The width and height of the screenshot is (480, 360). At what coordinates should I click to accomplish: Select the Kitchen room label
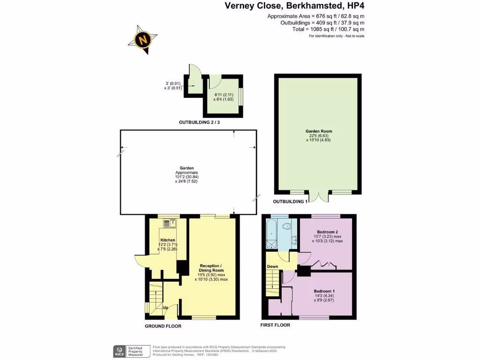167,240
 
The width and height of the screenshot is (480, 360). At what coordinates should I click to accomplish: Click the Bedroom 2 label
328,232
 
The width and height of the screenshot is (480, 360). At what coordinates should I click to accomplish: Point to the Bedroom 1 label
324,291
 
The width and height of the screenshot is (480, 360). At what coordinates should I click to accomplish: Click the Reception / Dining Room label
211,268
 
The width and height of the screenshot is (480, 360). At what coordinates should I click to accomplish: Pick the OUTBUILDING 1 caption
290,201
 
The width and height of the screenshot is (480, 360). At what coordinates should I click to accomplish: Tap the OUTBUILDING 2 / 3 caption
199,122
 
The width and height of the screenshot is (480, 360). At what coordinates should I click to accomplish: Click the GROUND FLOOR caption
163,326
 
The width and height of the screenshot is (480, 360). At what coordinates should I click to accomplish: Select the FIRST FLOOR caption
275,325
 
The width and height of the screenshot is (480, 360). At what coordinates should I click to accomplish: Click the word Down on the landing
272,266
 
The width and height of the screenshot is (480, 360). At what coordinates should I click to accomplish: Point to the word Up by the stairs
165,307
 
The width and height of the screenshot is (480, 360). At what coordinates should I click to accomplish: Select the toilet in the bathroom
287,226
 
